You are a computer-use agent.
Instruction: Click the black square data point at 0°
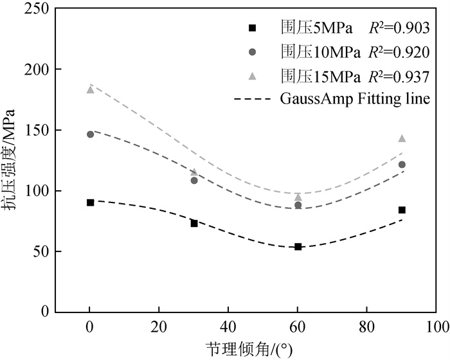point(90,202)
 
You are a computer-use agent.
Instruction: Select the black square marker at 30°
point(194,223)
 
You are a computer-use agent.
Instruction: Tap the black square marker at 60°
point(298,246)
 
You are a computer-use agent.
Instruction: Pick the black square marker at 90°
point(402,210)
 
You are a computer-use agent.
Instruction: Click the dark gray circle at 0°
point(90,134)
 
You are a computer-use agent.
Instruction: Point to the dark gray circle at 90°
point(402,165)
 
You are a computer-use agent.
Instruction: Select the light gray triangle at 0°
point(90,89)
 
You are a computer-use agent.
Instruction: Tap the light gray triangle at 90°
point(402,138)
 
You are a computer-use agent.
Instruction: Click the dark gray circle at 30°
point(194,180)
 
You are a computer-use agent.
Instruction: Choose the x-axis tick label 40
point(229,327)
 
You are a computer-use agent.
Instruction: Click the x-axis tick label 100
point(437,327)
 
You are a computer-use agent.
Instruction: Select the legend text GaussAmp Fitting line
point(354,99)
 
